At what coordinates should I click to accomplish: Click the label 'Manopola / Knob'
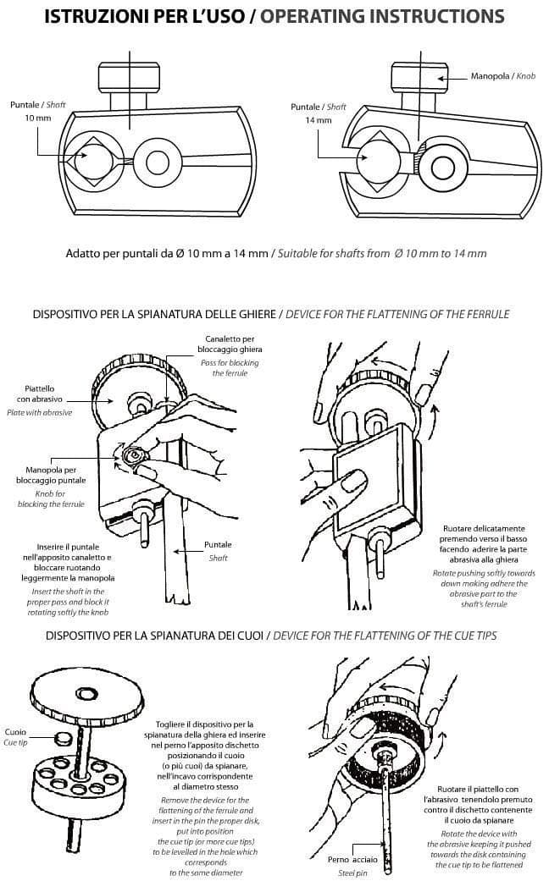pos(503,76)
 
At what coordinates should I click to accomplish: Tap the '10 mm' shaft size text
pos(37,118)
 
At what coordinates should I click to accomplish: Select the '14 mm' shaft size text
pos(319,119)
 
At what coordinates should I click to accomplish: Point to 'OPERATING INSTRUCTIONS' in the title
pos(382,16)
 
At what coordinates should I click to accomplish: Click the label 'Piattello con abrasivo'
pos(40,394)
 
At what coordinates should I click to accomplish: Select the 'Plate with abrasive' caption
pos(39,412)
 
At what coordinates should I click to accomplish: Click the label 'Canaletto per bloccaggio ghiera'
pos(230,344)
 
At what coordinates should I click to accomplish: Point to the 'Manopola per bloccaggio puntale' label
pos(51,475)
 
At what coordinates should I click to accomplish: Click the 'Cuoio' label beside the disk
pos(15,732)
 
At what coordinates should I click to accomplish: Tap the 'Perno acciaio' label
pos(352,860)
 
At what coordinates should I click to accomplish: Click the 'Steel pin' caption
pos(352,873)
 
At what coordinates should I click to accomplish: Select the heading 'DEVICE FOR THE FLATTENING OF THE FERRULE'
pos(397,314)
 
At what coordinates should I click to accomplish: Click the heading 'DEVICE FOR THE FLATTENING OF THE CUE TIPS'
pos(385,636)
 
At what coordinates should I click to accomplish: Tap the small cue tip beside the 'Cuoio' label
pos(62,738)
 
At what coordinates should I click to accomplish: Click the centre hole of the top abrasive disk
pos(85,695)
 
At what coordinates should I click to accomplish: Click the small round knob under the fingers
pos(135,454)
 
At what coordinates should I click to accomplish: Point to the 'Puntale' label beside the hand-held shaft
pos(218,544)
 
